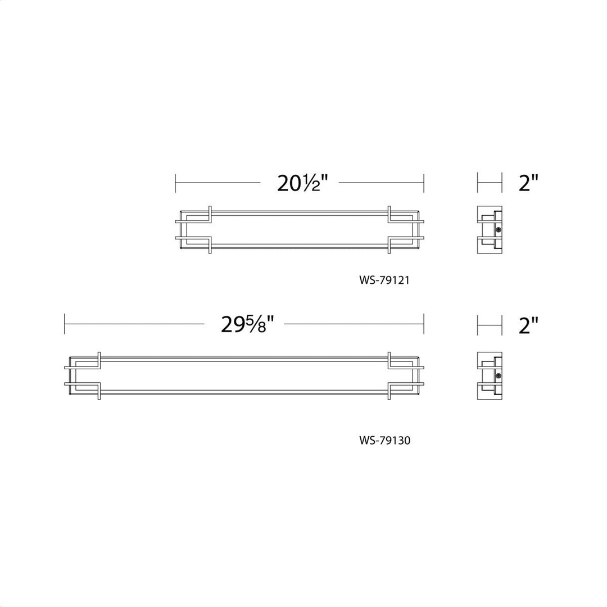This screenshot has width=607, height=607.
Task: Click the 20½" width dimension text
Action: tap(302, 183)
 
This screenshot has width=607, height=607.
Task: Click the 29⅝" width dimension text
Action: tap(247, 324)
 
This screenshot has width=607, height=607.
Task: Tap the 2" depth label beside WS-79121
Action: tap(528, 183)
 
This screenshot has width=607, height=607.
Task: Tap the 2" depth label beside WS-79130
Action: tap(528, 325)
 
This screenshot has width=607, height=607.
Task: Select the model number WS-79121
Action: tap(384, 280)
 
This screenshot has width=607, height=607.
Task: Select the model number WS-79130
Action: tap(384, 440)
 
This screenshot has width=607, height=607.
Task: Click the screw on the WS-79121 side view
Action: tap(499, 230)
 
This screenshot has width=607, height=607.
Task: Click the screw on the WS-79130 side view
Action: tap(499, 376)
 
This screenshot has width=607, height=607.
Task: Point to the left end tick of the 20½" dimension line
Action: tap(175, 183)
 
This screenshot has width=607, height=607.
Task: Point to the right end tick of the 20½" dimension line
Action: tap(424, 183)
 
